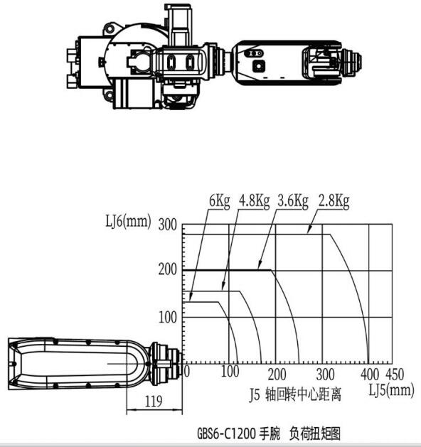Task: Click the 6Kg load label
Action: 219,201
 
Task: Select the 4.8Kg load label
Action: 254,201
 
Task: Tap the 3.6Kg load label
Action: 293,201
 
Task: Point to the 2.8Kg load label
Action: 334,201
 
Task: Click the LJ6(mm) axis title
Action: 128,221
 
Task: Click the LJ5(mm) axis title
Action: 392,389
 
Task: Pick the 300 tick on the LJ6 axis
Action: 168,225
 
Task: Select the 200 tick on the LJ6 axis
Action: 168,269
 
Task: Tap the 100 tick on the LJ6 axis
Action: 168,317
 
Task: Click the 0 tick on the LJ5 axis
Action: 186,372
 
